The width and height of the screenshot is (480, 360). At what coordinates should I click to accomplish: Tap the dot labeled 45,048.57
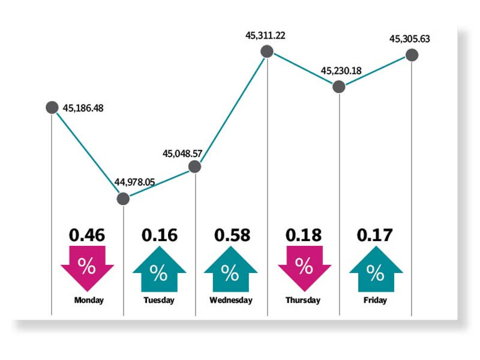pos(195,167)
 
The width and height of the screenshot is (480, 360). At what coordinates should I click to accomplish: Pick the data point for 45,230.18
pos(339,87)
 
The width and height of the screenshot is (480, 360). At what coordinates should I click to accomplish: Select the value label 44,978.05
pos(134,182)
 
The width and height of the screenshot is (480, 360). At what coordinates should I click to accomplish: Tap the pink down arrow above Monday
pos(88,267)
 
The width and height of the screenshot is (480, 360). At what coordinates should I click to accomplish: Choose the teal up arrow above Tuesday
pos(159,269)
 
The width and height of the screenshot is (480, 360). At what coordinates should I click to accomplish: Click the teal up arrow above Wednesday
pos(231,269)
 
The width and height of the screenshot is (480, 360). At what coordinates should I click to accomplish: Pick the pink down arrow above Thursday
pos(303,267)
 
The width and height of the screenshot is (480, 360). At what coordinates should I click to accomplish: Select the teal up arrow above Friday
pos(375,269)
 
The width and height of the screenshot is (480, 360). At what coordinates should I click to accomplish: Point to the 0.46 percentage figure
pos(88,235)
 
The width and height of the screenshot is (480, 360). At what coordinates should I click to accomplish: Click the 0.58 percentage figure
pos(231,235)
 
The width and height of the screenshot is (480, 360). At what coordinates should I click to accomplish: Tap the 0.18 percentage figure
pos(303,235)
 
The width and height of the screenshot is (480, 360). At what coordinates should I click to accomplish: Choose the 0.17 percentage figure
pos(375,235)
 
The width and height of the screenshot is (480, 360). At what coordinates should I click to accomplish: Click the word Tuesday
pos(159,300)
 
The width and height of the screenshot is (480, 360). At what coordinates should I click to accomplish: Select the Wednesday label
pos(231,300)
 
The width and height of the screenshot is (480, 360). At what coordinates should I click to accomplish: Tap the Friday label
pos(375,300)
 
